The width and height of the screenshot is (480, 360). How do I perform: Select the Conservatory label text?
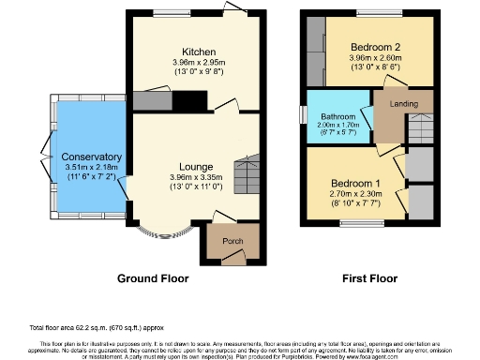tap(91, 156)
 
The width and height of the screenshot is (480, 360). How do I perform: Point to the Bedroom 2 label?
tap(375, 47)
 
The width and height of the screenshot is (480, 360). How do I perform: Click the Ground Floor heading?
tap(152, 278)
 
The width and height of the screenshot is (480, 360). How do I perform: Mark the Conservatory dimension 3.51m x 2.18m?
tap(91, 167)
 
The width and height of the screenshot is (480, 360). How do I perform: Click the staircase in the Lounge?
tap(246, 173)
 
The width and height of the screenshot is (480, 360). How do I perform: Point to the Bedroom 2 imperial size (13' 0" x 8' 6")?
tap(375, 68)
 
